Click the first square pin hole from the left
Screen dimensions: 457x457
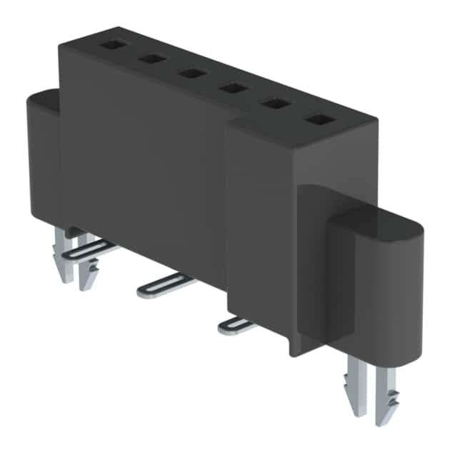point(111,45)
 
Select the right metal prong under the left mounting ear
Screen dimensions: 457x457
point(89,271)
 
